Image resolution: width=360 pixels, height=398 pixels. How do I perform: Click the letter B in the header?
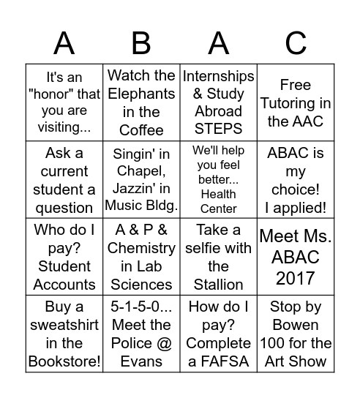point(141,43)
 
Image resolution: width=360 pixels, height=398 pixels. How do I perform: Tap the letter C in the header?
point(296,43)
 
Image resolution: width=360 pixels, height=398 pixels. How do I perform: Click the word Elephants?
point(141,94)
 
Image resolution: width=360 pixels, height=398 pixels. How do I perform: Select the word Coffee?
point(141,130)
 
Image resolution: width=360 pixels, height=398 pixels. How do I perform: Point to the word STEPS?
point(219,129)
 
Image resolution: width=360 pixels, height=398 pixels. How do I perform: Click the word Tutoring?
point(296,103)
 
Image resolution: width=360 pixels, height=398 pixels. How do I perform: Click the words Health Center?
point(219,201)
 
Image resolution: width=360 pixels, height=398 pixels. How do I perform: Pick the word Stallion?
point(219,284)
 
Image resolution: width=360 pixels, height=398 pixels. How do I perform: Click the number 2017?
point(296,278)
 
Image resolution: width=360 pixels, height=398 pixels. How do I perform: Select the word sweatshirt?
point(64,324)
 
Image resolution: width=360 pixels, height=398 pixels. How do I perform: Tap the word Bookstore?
point(64,361)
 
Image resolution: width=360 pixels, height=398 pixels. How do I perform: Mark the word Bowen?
point(296,324)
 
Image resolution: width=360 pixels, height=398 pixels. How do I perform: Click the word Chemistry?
point(141,248)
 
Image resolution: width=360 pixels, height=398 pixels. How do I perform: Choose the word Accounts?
point(64,284)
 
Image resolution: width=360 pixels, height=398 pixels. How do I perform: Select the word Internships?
point(219,76)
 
